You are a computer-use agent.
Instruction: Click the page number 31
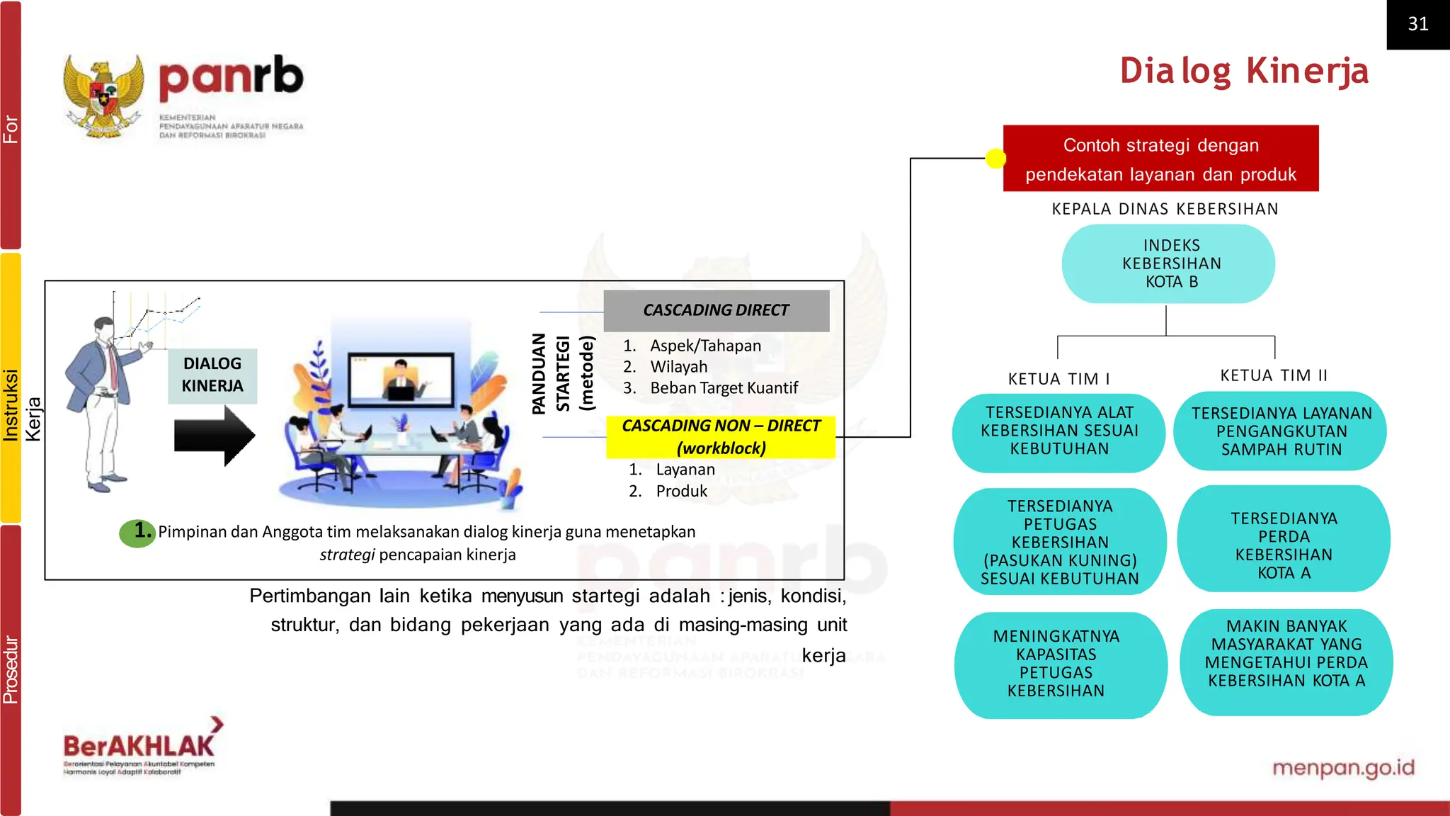[x=1417, y=24]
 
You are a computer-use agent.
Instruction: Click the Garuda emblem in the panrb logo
[x=104, y=95]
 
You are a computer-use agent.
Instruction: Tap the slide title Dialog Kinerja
[x=1244, y=71]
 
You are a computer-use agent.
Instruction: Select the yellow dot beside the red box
[x=995, y=158]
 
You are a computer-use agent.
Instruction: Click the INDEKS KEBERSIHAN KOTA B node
[x=1168, y=263]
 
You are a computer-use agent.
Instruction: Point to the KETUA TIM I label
[x=1058, y=379]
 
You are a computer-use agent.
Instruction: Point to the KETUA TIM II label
[x=1274, y=375]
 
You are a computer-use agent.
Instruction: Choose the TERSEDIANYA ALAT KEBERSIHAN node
[x=1058, y=431]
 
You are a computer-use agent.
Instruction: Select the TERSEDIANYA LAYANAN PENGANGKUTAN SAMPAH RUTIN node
[x=1281, y=431]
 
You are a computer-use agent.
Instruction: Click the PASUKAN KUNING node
[x=1059, y=542]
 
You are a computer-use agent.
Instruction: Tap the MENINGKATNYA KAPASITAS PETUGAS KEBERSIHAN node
[x=1056, y=664]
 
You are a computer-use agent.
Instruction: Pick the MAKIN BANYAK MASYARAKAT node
[x=1286, y=654]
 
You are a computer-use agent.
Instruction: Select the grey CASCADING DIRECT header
[x=716, y=310]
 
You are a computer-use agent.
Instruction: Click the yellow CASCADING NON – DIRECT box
[x=721, y=436]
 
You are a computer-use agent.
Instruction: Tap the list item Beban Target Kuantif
[x=723, y=388]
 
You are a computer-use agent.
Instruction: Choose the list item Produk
[x=681, y=491]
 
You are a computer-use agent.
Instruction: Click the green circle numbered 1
[x=137, y=532]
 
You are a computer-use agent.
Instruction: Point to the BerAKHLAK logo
[x=140, y=747]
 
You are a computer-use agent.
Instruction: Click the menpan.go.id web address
[x=1343, y=767]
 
